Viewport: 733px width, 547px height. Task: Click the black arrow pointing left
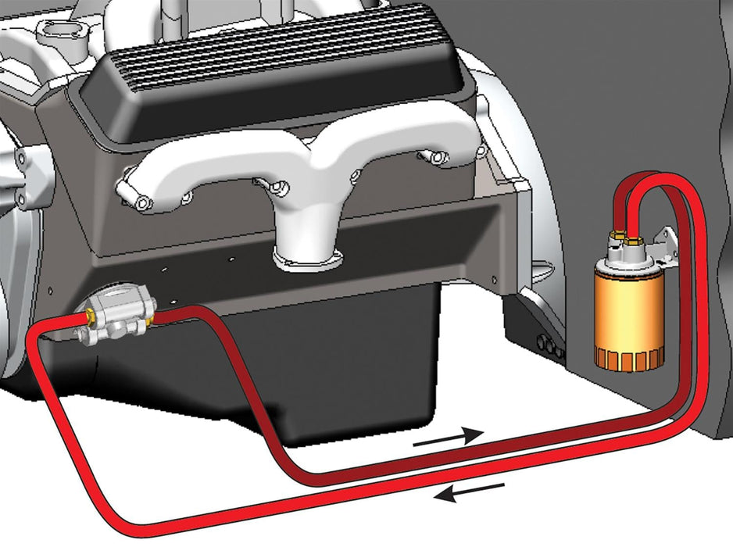(x=469, y=491)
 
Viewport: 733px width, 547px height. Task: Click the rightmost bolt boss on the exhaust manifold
(x=449, y=161)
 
